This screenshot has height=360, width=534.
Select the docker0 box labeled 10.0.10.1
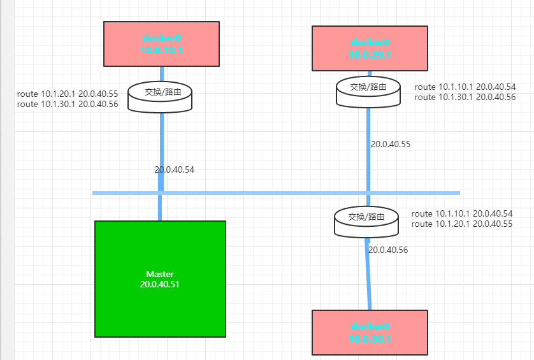(x=161, y=43)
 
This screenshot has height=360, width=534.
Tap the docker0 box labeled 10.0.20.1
(x=370, y=48)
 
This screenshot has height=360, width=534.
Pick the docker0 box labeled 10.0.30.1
(x=370, y=332)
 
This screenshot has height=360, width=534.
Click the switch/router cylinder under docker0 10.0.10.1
(x=160, y=96)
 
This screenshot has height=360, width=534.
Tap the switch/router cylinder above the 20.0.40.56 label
(x=366, y=221)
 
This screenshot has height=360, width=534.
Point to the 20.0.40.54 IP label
(x=175, y=169)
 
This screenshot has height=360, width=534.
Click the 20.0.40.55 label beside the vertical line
(x=391, y=144)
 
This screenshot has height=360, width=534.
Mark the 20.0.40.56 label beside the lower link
(x=388, y=250)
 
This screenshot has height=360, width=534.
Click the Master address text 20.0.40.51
(x=160, y=284)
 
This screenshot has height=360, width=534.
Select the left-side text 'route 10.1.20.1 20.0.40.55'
(x=68, y=94)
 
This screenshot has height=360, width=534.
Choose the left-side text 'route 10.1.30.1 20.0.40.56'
(x=68, y=104)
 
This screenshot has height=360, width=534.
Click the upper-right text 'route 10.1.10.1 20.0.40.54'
(x=465, y=87)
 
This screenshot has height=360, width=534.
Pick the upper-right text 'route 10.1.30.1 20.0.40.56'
(x=465, y=97)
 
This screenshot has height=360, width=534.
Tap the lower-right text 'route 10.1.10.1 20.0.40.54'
(x=463, y=214)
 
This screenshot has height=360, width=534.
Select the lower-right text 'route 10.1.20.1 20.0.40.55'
(x=463, y=224)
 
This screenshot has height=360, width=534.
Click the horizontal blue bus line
(x=268, y=192)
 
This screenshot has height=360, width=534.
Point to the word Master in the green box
(x=160, y=274)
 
